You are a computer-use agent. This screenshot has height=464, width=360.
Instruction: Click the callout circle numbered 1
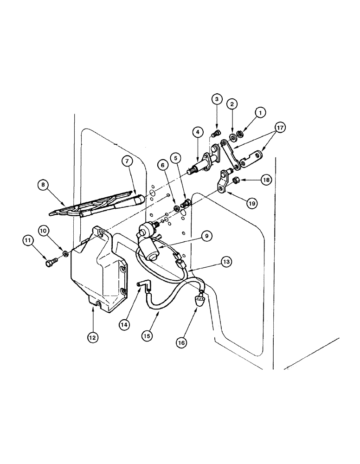pyautogui.click(x=260, y=112)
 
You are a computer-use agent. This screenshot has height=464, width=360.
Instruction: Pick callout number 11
pyautogui.click(x=27, y=240)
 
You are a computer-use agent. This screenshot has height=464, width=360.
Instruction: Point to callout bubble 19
pyautogui.click(x=251, y=202)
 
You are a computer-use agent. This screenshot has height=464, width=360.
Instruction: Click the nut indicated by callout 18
pyautogui.click(x=235, y=180)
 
